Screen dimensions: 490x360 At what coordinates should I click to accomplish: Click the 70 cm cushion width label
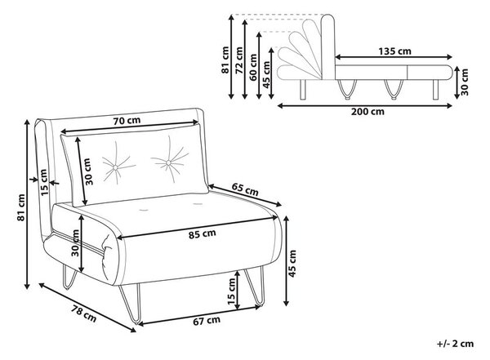127,120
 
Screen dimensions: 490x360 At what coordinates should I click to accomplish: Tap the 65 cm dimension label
245,189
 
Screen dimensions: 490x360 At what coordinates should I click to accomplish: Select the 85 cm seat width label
203,233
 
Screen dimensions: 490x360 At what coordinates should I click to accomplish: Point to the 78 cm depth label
84,313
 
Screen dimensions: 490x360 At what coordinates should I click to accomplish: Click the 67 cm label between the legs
207,320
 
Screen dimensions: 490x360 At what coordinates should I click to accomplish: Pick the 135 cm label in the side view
394,51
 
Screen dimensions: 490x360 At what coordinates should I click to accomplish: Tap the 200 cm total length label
367,111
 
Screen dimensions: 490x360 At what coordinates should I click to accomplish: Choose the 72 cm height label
239,60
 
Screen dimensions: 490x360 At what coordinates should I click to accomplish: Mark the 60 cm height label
253,68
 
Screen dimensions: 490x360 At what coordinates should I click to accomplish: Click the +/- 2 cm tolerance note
456,344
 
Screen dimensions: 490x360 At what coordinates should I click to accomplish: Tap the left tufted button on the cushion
115,168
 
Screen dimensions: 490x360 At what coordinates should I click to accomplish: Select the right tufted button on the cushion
168,162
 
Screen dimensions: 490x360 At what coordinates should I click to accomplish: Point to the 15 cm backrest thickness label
44,183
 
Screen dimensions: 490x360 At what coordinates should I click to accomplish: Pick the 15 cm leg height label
231,291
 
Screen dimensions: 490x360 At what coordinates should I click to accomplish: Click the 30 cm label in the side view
465,82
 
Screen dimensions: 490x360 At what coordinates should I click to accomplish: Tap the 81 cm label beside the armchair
21,207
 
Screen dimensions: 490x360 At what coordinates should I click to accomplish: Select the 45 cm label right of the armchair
292,263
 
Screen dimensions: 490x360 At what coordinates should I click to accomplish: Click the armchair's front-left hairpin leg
130,304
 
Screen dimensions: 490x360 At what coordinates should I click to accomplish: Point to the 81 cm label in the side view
225,60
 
